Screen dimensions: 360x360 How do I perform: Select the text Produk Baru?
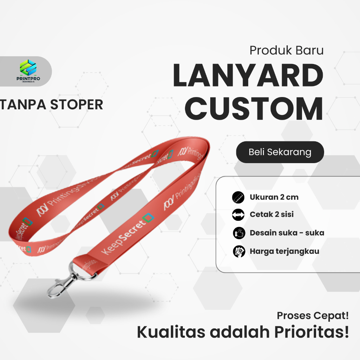(x=286, y=50)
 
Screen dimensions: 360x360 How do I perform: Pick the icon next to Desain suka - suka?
(x=238, y=233)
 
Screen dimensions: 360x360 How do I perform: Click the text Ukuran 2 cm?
(x=274, y=197)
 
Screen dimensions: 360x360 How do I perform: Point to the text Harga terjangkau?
(x=284, y=251)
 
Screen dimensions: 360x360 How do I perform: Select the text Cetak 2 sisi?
(x=272, y=214)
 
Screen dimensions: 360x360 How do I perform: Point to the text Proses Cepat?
(x=313, y=315)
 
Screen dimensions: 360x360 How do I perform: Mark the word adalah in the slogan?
(x=237, y=333)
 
